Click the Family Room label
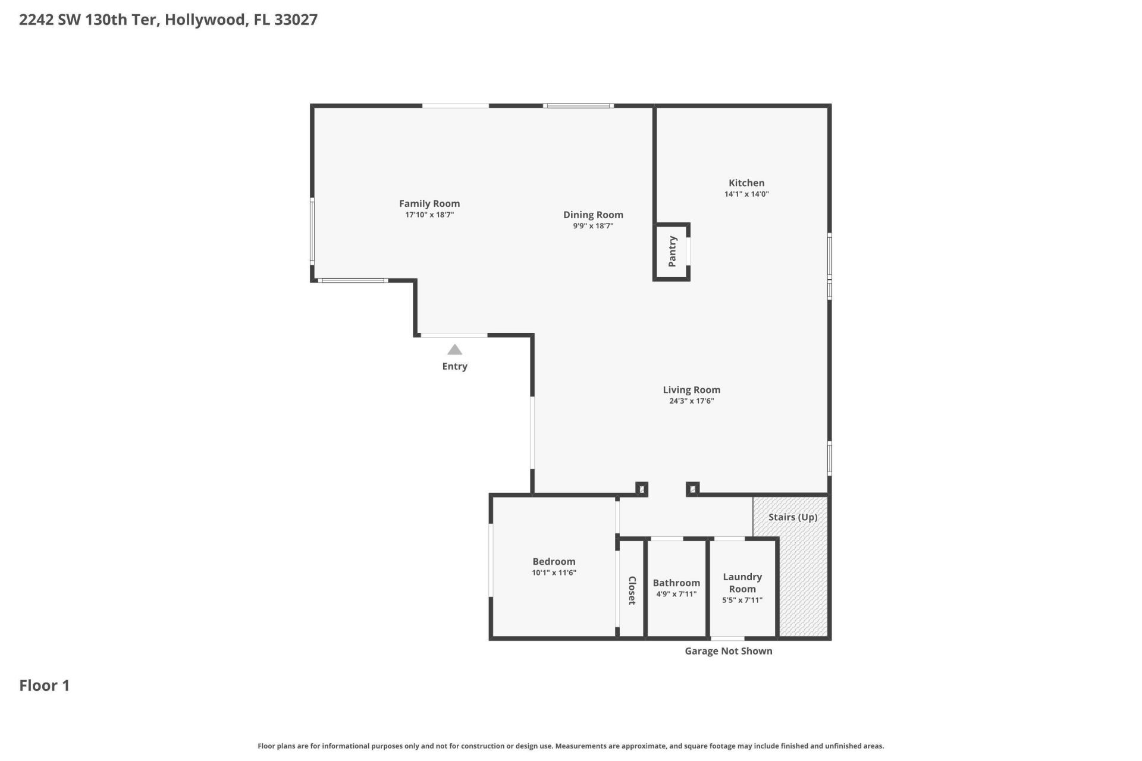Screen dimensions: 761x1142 click(429, 203)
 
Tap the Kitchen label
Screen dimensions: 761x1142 click(746, 183)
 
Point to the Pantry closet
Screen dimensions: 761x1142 click(672, 251)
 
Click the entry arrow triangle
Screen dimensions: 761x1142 click(454, 350)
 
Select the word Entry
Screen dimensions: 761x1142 click(454, 366)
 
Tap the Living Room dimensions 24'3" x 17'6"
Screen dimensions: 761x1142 click(691, 401)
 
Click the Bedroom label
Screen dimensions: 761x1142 click(554, 561)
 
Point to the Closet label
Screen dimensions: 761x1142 click(632, 590)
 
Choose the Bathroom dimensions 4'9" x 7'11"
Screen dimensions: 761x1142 click(676, 594)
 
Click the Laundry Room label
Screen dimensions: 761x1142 click(742, 583)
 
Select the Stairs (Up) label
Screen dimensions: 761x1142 click(792, 517)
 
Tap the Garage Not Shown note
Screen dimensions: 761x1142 click(728, 651)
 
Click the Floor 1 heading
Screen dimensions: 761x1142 click(45, 685)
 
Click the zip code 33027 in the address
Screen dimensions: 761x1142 click(296, 20)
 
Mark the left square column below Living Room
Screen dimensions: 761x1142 click(641, 489)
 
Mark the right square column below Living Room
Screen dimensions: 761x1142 click(692, 489)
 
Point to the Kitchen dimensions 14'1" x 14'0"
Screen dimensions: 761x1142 click(746, 194)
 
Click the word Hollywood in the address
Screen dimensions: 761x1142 click(205, 20)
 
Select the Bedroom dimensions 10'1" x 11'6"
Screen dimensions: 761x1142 click(554, 573)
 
